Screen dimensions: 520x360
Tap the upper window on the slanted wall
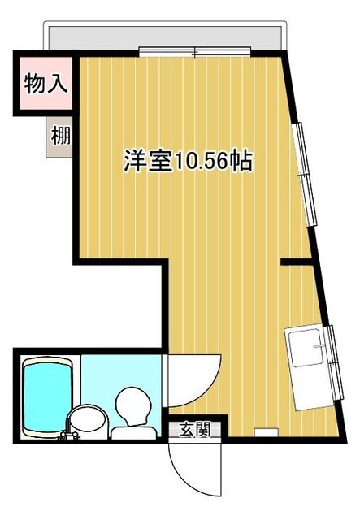pyautogui.click(x=306, y=171)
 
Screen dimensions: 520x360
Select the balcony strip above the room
pyautogui.click(x=163, y=36)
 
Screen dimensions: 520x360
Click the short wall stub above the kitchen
pyautogui.click(x=297, y=261)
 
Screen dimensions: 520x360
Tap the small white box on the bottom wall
pyautogui.click(x=264, y=431)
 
